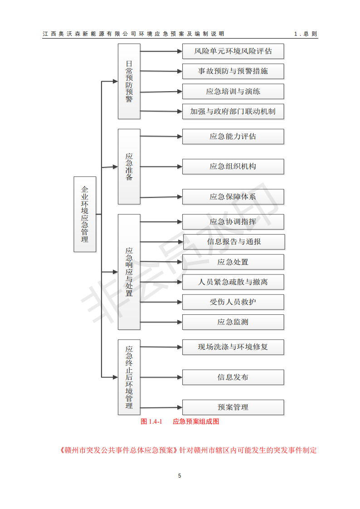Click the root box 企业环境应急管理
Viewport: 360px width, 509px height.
tap(85, 214)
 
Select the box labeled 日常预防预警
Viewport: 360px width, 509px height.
tap(129, 82)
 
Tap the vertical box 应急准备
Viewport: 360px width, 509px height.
tap(129, 167)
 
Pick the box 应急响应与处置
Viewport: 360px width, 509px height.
tap(129, 272)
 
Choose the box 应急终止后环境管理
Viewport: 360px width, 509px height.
tap(129, 377)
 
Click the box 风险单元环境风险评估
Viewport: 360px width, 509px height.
tap(233, 51)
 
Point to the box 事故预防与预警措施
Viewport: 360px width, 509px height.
tap(233, 71)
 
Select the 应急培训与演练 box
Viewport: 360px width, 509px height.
tap(233, 92)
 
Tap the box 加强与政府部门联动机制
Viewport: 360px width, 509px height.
tap(233, 112)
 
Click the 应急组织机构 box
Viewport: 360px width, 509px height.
tap(233, 167)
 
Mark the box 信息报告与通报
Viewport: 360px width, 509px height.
tap(234, 242)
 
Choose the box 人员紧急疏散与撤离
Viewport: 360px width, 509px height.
tap(233, 282)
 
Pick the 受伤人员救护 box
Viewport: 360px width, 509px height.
tap(233, 302)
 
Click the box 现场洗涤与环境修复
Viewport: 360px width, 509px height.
tap(233, 347)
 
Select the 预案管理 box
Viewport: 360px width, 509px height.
tap(233, 407)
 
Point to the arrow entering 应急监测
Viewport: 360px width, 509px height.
tap(161, 322)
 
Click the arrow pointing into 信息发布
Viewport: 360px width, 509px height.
tap(161, 377)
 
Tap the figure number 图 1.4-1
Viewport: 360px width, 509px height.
tap(151, 421)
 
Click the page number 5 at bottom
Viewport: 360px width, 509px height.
tap(180, 476)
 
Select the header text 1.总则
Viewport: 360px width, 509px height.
tap(306, 34)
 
